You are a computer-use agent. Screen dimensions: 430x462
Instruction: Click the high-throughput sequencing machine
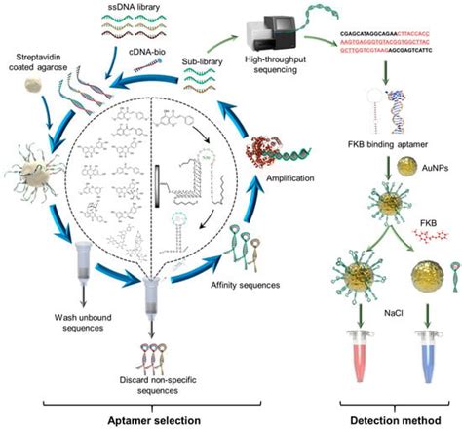click(252, 23)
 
